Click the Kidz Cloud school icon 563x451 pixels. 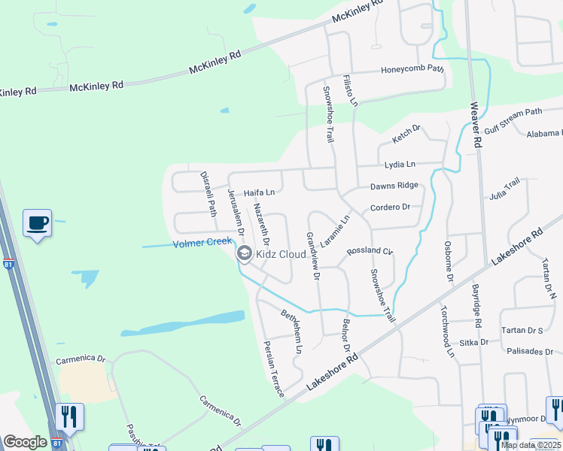coord(244,254)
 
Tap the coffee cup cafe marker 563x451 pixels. coord(37,223)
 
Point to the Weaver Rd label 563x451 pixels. coord(476,126)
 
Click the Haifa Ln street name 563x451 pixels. coord(258,192)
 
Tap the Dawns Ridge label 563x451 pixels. coord(393,186)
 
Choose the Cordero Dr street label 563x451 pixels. coord(390,207)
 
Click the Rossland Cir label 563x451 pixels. coord(370,251)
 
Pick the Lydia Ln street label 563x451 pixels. coord(400,164)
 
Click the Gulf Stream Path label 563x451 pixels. coord(513,120)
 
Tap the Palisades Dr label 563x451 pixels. coord(530,351)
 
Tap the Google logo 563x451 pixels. coord(26,442)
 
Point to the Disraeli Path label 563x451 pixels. coord(208,192)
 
